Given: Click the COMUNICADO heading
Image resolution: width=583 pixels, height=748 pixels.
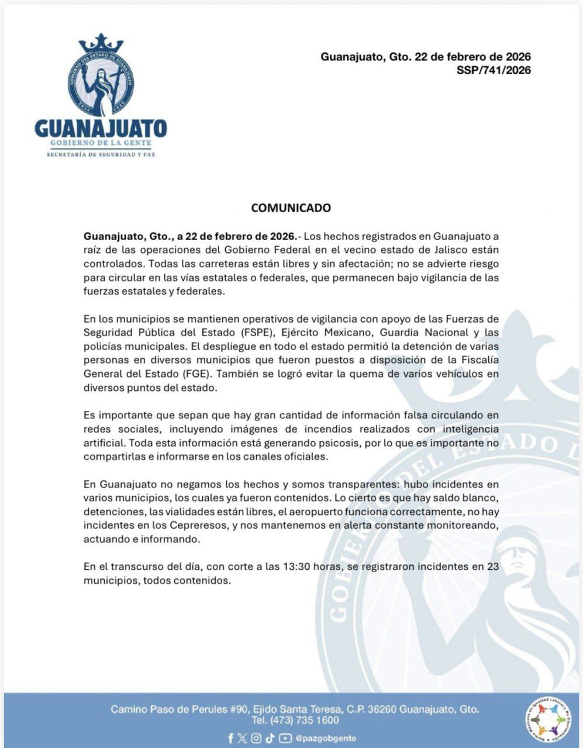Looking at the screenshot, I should tap(291, 208).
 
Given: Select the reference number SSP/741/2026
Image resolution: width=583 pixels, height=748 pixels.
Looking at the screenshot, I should tap(494, 71).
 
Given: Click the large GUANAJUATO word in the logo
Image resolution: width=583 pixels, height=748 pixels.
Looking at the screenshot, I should tap(101, 128).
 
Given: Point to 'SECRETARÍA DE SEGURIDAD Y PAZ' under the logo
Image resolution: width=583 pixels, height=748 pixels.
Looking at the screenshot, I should tap(101, 155).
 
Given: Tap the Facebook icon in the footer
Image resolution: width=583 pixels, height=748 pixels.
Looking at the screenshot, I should tap(231, 738).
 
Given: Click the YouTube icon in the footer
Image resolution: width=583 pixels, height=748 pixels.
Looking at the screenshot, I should tap(285, 738).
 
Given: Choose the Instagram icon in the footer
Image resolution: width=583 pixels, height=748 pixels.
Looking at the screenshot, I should tap(256, 738).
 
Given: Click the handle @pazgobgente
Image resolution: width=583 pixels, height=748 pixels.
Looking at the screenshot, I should tap(325, 738).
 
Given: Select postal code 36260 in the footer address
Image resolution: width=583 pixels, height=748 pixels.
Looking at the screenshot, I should tap(381, 709).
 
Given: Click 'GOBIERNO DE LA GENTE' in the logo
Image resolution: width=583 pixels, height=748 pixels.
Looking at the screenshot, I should tap(101, 143).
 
